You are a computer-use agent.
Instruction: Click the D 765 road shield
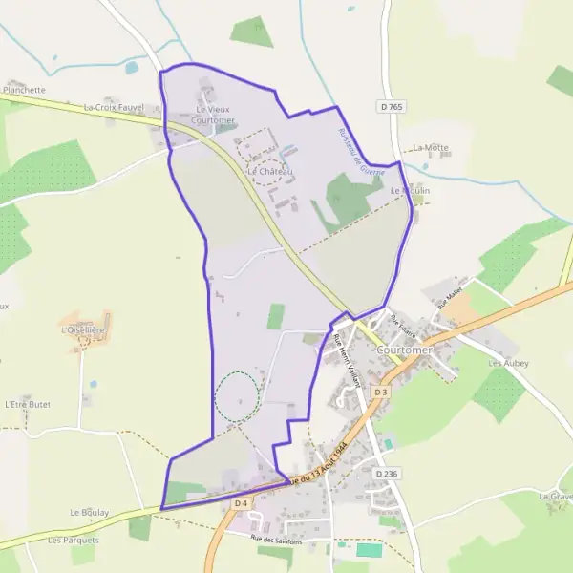point(391,106)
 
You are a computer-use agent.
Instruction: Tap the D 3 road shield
point(381,392)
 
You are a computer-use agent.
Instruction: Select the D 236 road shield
point(386,473)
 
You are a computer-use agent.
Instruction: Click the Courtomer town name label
point(404,350)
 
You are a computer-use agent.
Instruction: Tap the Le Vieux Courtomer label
point(212,116)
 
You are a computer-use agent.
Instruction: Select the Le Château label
point(270,171)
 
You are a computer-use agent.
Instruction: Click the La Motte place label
point(431,148)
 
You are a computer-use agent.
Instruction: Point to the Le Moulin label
point(411,191)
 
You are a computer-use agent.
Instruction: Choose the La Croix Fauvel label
point(114,108)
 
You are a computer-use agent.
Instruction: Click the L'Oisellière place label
point(80,330)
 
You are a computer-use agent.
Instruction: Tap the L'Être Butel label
point(27,404)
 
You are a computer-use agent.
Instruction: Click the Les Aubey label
point(508,364)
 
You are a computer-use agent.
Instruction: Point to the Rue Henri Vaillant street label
point(347,357)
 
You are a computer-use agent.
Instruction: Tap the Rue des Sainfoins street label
point(276,541)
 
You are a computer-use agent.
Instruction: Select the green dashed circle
point(236,396)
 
